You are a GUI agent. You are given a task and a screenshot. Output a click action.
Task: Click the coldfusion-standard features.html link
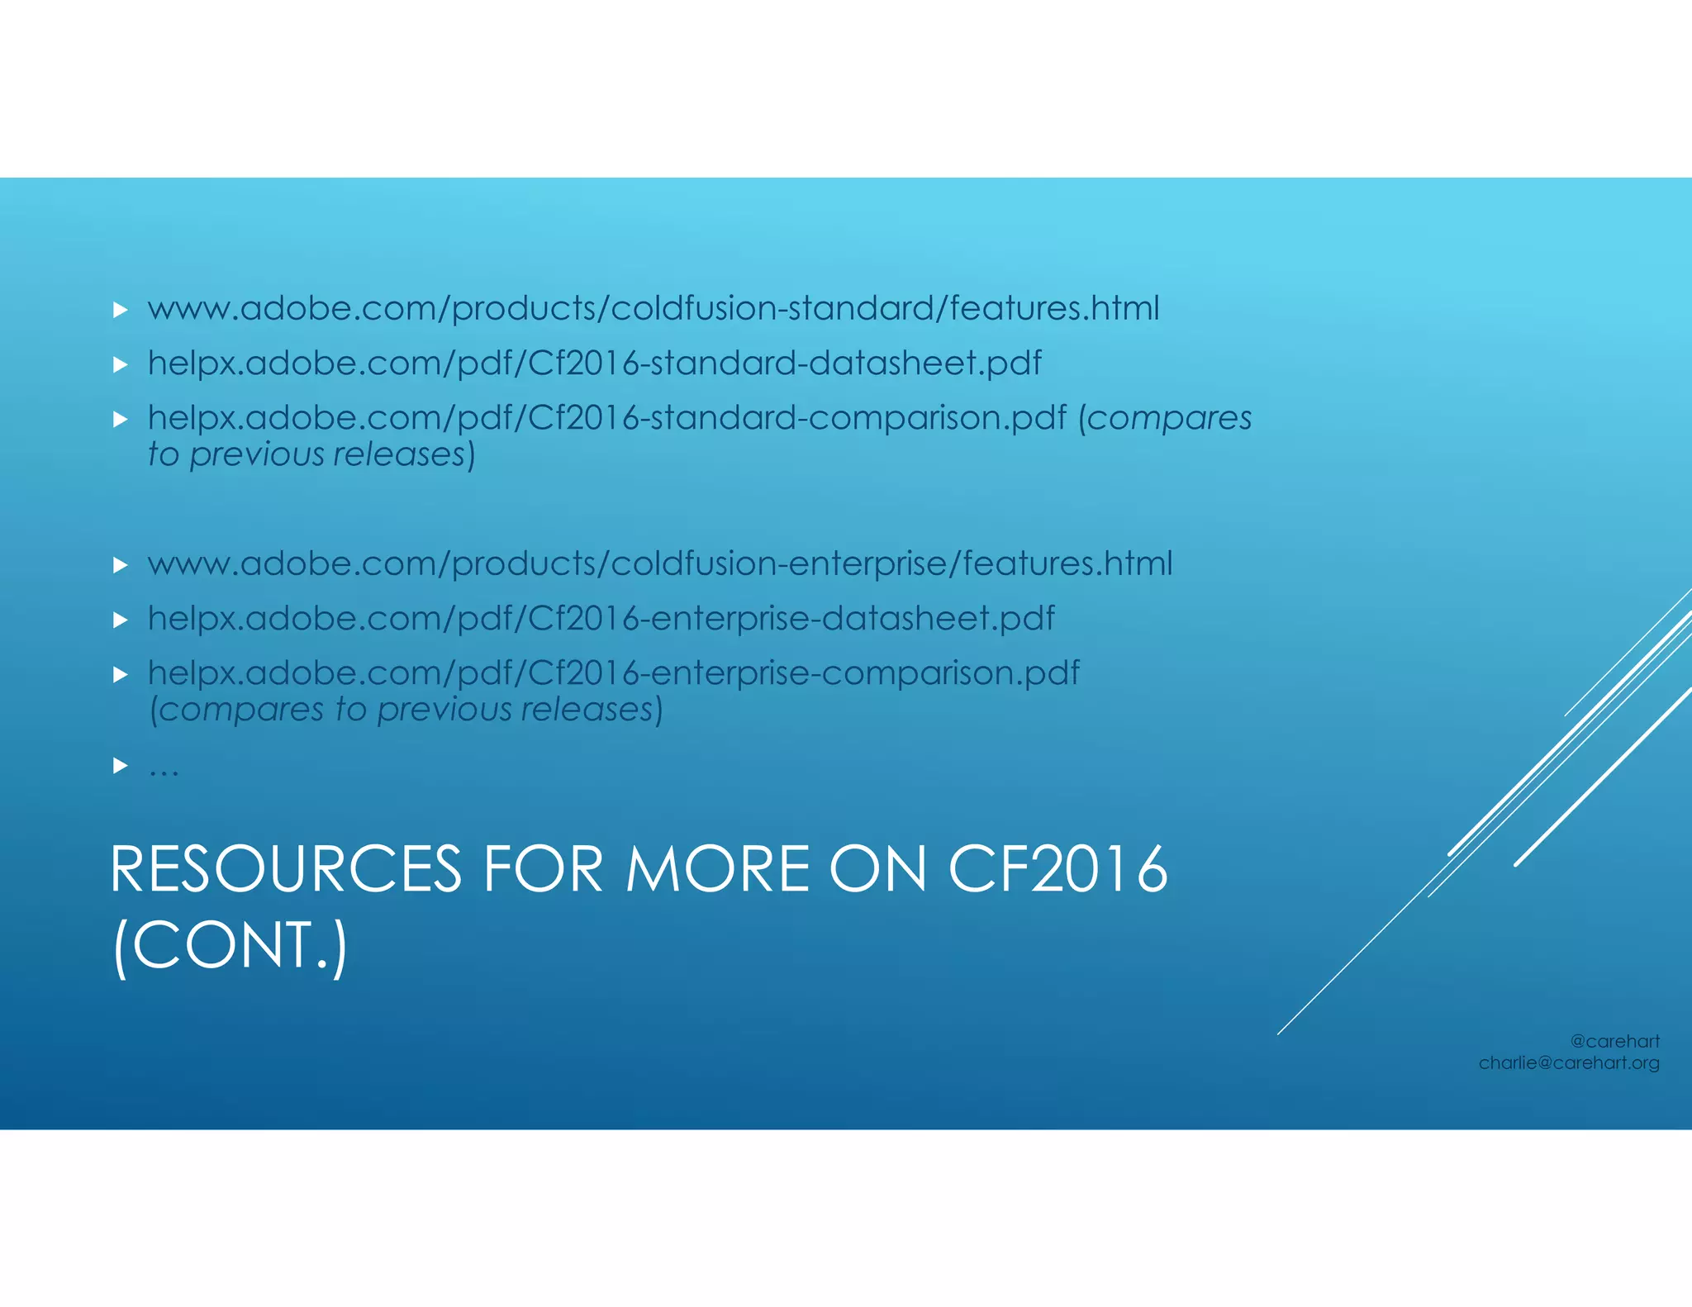point(653,309)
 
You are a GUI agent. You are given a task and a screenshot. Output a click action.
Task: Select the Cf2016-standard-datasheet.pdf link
point(594,364)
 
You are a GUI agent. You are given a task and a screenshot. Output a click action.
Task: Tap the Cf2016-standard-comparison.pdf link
point(607,418)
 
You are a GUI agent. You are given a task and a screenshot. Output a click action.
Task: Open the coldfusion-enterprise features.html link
point(659,564)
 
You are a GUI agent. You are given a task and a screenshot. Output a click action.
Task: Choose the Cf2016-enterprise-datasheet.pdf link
point(601,619)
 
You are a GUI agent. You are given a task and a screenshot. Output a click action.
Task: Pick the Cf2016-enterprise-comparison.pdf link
point(613,673)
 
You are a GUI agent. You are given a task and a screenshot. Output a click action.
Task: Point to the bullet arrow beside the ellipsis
point(121,766)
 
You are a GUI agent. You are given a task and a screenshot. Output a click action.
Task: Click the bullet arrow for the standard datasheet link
point(121,364)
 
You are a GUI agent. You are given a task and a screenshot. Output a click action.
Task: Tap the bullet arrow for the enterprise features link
point(121,565)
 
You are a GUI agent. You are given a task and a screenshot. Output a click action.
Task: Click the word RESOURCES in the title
point(285,870)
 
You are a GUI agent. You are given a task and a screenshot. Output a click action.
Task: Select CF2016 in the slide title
point(1057,870)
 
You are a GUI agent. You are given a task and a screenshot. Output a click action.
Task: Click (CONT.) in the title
point(230,946)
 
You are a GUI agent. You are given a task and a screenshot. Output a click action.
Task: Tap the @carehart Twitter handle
point(1614,1042)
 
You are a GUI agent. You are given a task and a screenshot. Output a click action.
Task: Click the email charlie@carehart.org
point(1569,1063)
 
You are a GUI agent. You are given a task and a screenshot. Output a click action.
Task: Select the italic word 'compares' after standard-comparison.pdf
point(1169,418)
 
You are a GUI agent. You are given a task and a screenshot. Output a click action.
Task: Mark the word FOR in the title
point(543,870)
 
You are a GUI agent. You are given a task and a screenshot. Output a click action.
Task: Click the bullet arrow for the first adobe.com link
point(121,310)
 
